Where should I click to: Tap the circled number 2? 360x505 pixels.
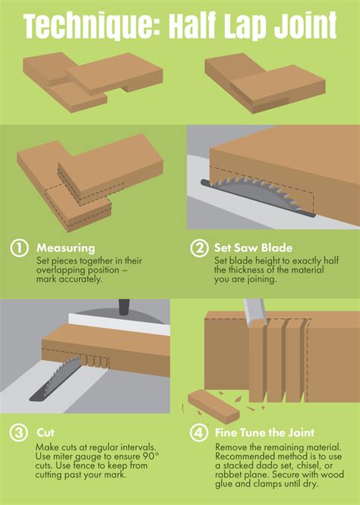point(198,248)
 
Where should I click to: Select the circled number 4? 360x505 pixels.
point(198,433)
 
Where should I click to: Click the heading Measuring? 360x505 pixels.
point(65,248)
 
